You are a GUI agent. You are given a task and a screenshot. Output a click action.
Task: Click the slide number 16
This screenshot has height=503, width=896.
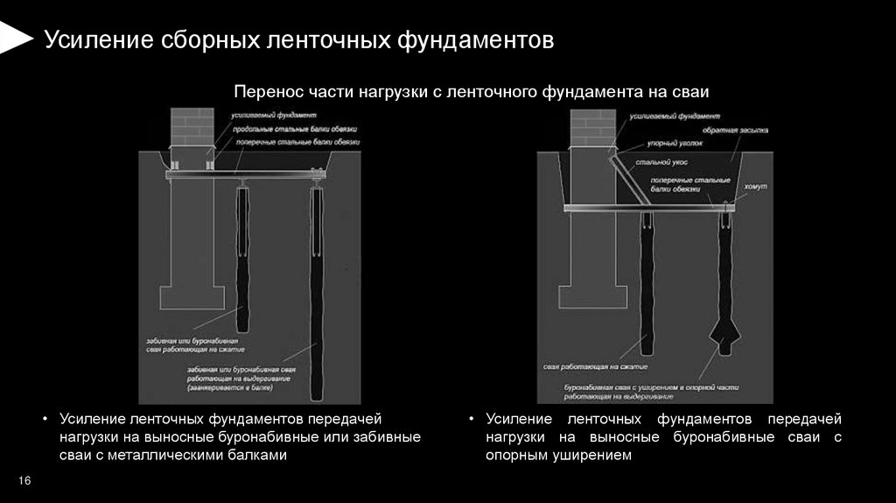24,481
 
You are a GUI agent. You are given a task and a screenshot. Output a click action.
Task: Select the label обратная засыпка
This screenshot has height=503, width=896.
739,131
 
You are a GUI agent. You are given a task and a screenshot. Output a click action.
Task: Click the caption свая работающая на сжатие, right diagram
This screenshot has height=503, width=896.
594,367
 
